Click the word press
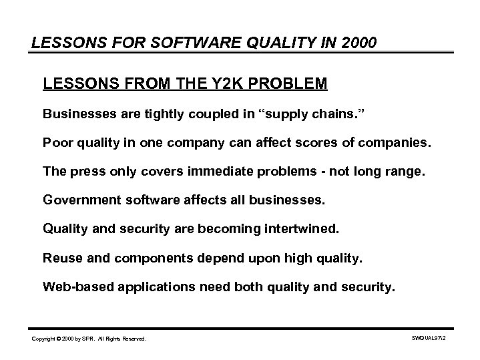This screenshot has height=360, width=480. click(89, 171)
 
